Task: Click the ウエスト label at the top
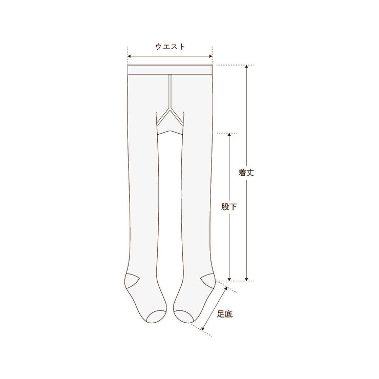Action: click(x=170, y=47)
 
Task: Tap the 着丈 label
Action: click(x=246, y=173)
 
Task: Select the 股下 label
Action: click(x=229, y=207)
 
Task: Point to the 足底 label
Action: click(x=225, y=314)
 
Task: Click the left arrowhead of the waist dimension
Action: click(x=129, y=56)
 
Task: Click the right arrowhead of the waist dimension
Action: click(x=211, y=56)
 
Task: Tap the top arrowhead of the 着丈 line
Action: click(x=246, y=67)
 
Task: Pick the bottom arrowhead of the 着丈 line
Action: click(x=246, y=279)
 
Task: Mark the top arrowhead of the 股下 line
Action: click(x=229, y=134)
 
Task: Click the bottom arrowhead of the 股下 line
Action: click(x=229, y=279)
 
